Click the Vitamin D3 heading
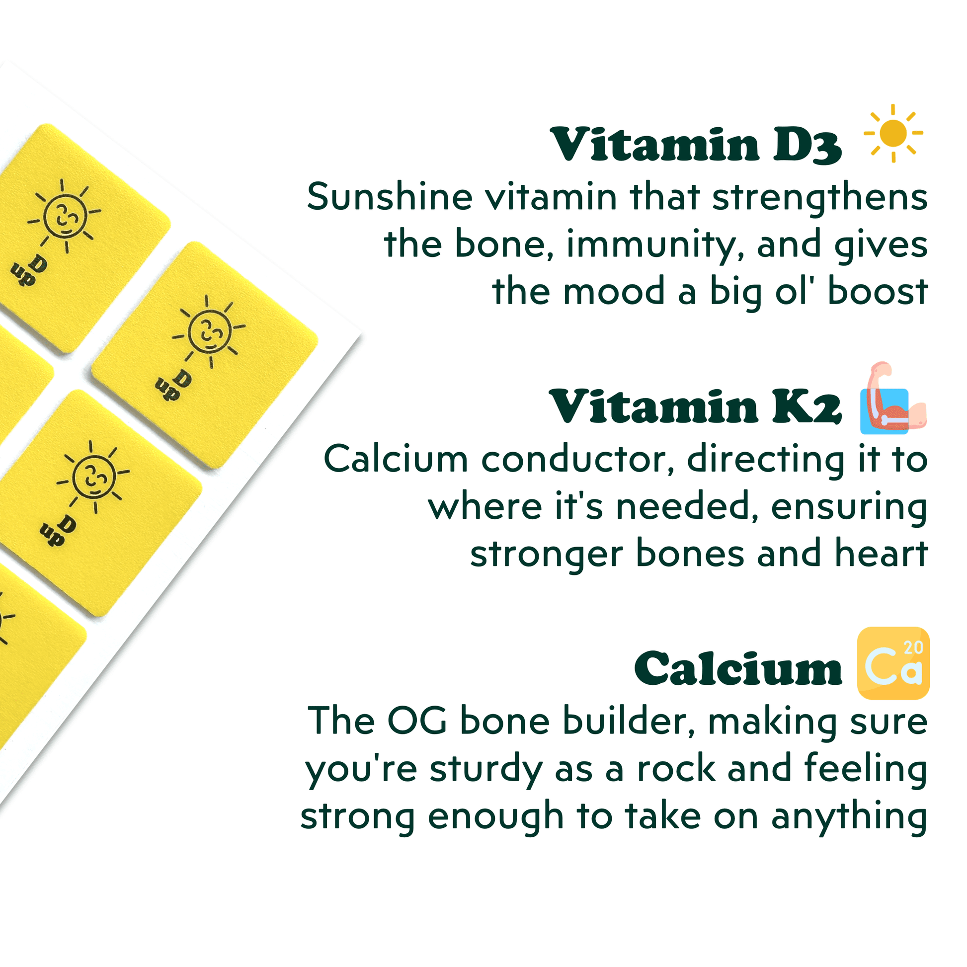click(696, 145)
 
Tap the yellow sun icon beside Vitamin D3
click(893, 133)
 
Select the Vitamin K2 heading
click(696, 407)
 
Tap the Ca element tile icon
click(893, 663)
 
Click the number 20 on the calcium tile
click(913, 647)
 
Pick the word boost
click(878, 291)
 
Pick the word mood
click(614, 291)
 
